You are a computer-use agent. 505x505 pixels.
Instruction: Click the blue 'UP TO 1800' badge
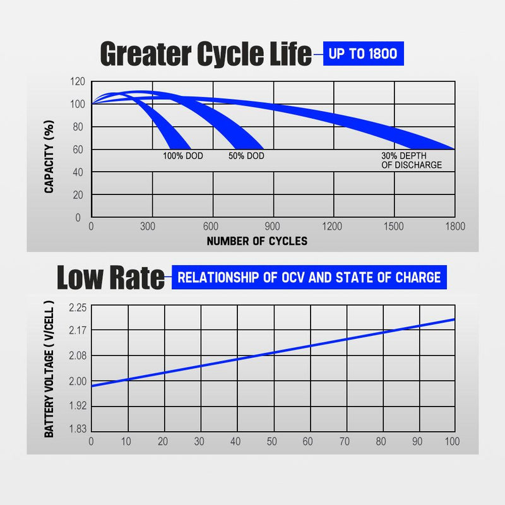363,53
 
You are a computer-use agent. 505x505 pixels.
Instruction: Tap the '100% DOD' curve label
183,155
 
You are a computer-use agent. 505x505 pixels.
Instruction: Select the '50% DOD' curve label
246,155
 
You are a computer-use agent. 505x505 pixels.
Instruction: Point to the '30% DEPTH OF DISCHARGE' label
411,160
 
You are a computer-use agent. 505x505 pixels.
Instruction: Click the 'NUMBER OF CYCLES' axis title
257,241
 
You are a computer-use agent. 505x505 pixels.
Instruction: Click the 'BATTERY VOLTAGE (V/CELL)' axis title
49,369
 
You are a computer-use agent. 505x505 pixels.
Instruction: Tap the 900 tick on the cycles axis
272,227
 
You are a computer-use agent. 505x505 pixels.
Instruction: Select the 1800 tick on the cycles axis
454,227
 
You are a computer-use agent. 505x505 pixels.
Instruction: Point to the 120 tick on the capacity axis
76,81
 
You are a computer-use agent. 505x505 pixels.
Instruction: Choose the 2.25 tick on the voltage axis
76,307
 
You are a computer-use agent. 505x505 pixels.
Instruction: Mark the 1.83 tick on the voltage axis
76,429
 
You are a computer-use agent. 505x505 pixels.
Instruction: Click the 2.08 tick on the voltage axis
76,355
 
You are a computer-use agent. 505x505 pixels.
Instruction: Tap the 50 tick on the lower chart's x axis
272,441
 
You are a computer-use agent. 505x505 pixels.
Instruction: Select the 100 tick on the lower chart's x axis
452,441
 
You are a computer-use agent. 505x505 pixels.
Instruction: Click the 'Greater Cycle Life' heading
206,55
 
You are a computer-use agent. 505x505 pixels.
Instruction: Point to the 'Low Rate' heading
110,277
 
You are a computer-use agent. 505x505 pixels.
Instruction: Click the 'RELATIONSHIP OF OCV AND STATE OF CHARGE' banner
309,277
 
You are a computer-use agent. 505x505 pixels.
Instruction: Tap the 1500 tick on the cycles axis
393,227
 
